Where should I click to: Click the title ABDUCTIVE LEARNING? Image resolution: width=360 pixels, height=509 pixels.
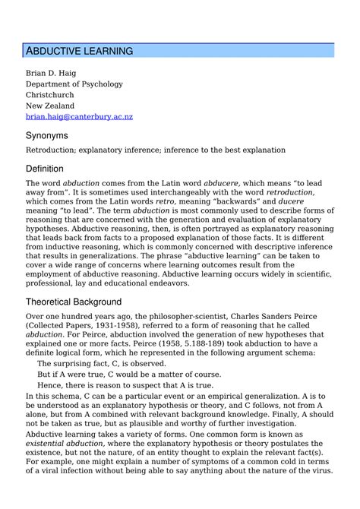[80, 51]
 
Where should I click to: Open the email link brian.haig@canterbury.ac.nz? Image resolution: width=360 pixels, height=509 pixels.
[79, 117]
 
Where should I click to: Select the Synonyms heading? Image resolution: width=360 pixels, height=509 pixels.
[47, 135]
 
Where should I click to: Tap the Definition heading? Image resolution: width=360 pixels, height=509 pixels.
[45, 168]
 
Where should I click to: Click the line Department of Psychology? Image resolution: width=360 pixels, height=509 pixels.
[74, 84]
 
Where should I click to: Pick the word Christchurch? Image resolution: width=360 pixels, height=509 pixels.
[55, 95]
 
